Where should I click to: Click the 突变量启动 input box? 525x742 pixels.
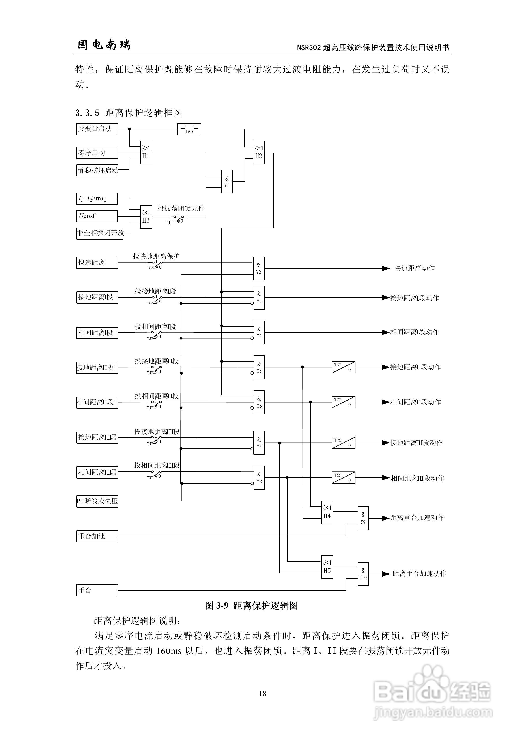(97, 129)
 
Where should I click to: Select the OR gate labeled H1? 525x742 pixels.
(146, 152)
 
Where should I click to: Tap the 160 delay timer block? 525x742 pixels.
(189, 129)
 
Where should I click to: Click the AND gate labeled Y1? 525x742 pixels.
(227, 182)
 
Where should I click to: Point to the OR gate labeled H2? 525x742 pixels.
(258, 152)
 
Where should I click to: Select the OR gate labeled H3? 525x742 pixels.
(146, 217)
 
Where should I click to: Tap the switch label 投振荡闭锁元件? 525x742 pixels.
(181, 208)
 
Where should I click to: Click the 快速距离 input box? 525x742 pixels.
(97, 262)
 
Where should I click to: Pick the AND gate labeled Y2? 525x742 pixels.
(258, 269)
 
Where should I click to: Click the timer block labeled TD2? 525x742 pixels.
(343, 367)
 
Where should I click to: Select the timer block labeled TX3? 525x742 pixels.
(343, 478)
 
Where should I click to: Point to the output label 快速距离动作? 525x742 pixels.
(414, 268)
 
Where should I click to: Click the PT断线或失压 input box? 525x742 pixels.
(97, 501)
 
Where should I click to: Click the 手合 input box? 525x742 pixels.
(97, 590)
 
